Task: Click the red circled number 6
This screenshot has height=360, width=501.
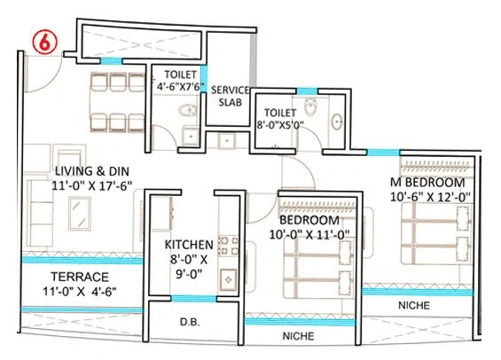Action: (41, 41)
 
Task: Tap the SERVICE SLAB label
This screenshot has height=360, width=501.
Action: (235, 95)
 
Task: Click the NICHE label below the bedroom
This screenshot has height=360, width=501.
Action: (300, 337)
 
